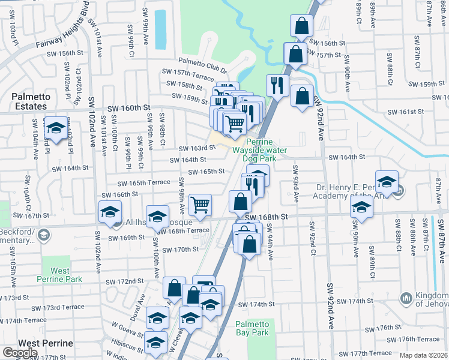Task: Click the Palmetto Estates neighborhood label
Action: coord(28,101)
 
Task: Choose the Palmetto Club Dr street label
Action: coord(200,61)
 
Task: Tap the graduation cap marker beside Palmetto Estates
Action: coord(56,128)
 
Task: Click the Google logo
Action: coord(20,352)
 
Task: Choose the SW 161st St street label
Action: coord(406,112)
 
